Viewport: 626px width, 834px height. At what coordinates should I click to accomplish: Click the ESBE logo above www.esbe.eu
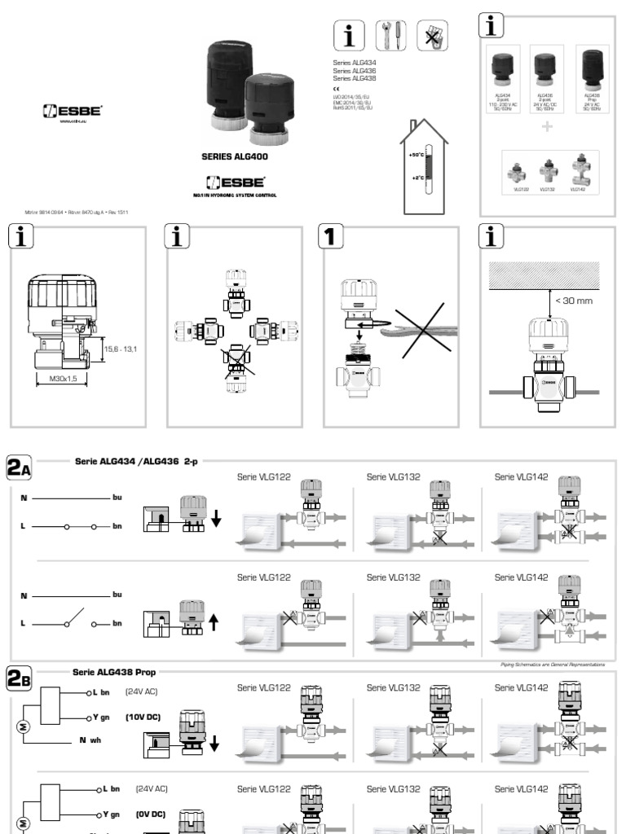[71, 112]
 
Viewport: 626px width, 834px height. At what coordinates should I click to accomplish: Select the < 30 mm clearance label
[573, 301]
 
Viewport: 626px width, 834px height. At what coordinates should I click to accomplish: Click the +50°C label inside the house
[417, 154]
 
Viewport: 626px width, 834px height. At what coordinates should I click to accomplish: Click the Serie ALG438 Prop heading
[114, 672]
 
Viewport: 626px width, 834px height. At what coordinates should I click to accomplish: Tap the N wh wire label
[90, 740]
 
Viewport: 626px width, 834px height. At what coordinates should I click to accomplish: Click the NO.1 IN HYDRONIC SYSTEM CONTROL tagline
[235, 195]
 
